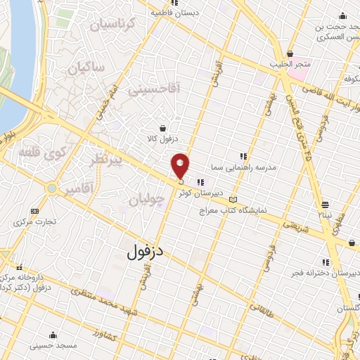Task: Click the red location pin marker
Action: (x=181, y=166)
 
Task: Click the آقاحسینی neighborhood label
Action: (x=155, y=89)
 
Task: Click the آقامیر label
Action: (x=77, y=189)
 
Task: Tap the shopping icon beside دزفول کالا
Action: (x=163, y=128)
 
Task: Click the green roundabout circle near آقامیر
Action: (x=51, y=188)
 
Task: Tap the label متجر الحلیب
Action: (x=290, y=64)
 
